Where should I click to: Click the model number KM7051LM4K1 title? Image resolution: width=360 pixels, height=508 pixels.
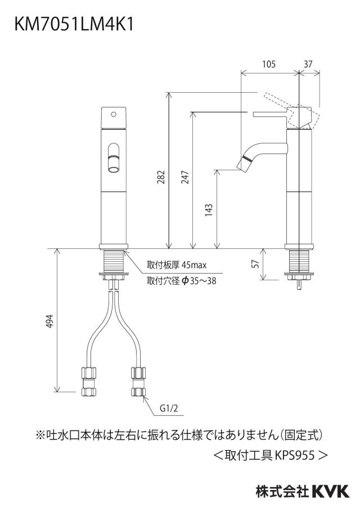pos(74,24)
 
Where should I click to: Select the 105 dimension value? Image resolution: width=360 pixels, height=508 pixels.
pos(268,64)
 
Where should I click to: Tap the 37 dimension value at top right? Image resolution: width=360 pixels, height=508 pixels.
pos(308,64)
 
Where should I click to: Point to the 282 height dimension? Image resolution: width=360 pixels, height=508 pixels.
pos(161,177)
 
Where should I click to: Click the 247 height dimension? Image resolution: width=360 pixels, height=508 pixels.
pos(185,177)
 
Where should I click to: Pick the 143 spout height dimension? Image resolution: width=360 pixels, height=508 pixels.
pos(209,210)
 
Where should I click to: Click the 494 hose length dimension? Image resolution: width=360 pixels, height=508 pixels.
pos(49,321)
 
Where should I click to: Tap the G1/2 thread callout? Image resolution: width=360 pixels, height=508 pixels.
pos(169,408)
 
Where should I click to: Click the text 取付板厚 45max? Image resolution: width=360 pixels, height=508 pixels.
pos(177,265)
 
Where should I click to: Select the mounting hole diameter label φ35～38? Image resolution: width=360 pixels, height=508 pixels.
pos(198,280)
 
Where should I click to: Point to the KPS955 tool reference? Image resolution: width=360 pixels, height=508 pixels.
pos(295,456)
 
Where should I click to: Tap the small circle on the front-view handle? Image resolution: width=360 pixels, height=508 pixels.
pos(114,114)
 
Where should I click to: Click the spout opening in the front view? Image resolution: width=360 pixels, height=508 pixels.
pos(113,169)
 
